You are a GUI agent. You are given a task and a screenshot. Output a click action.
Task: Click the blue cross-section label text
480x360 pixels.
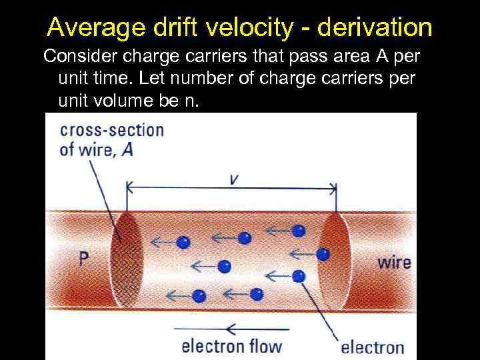(x=111, y=129)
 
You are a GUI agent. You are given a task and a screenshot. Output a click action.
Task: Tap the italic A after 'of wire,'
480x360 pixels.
(x=127, y=149)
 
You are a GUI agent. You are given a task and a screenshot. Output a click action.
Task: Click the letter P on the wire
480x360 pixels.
(x=83, y=259)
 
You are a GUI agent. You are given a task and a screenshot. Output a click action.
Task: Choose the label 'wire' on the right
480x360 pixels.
(x=394, y=262)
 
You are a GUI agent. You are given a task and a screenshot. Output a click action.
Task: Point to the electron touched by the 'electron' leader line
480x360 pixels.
(x=298, y=275)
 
